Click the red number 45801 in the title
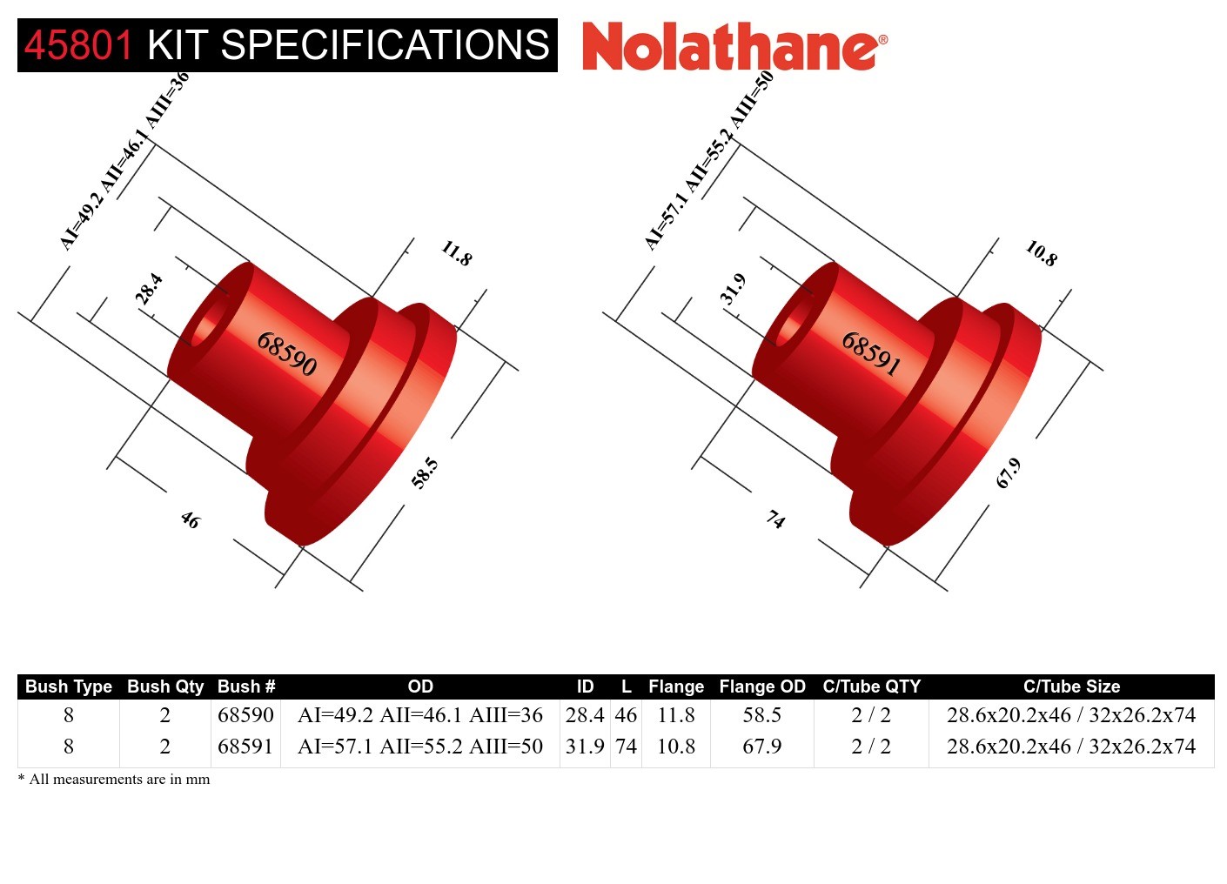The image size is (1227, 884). (78, 45)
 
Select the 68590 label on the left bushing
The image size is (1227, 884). (286, 353)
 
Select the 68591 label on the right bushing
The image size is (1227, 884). (870, 353)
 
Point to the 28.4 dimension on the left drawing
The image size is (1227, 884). (149, 288)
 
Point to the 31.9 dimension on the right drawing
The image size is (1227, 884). (733, 288)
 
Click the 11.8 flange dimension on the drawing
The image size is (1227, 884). (456, 253)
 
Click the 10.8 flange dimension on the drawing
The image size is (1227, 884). (1041, 253)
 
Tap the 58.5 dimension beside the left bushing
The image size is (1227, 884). (425, 473)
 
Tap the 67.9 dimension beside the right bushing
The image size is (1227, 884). (1009, 473)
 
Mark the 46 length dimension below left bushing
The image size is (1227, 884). (190, 520)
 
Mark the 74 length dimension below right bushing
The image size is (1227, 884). (774, 520)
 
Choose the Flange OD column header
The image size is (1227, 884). (761, 686)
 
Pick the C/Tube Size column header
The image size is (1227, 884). (1070, 686)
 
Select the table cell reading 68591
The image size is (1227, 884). (245, 747)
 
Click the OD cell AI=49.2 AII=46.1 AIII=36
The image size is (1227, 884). (419, 715)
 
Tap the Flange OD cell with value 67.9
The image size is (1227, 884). (761, 747)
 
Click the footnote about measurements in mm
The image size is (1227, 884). (114, 780)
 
